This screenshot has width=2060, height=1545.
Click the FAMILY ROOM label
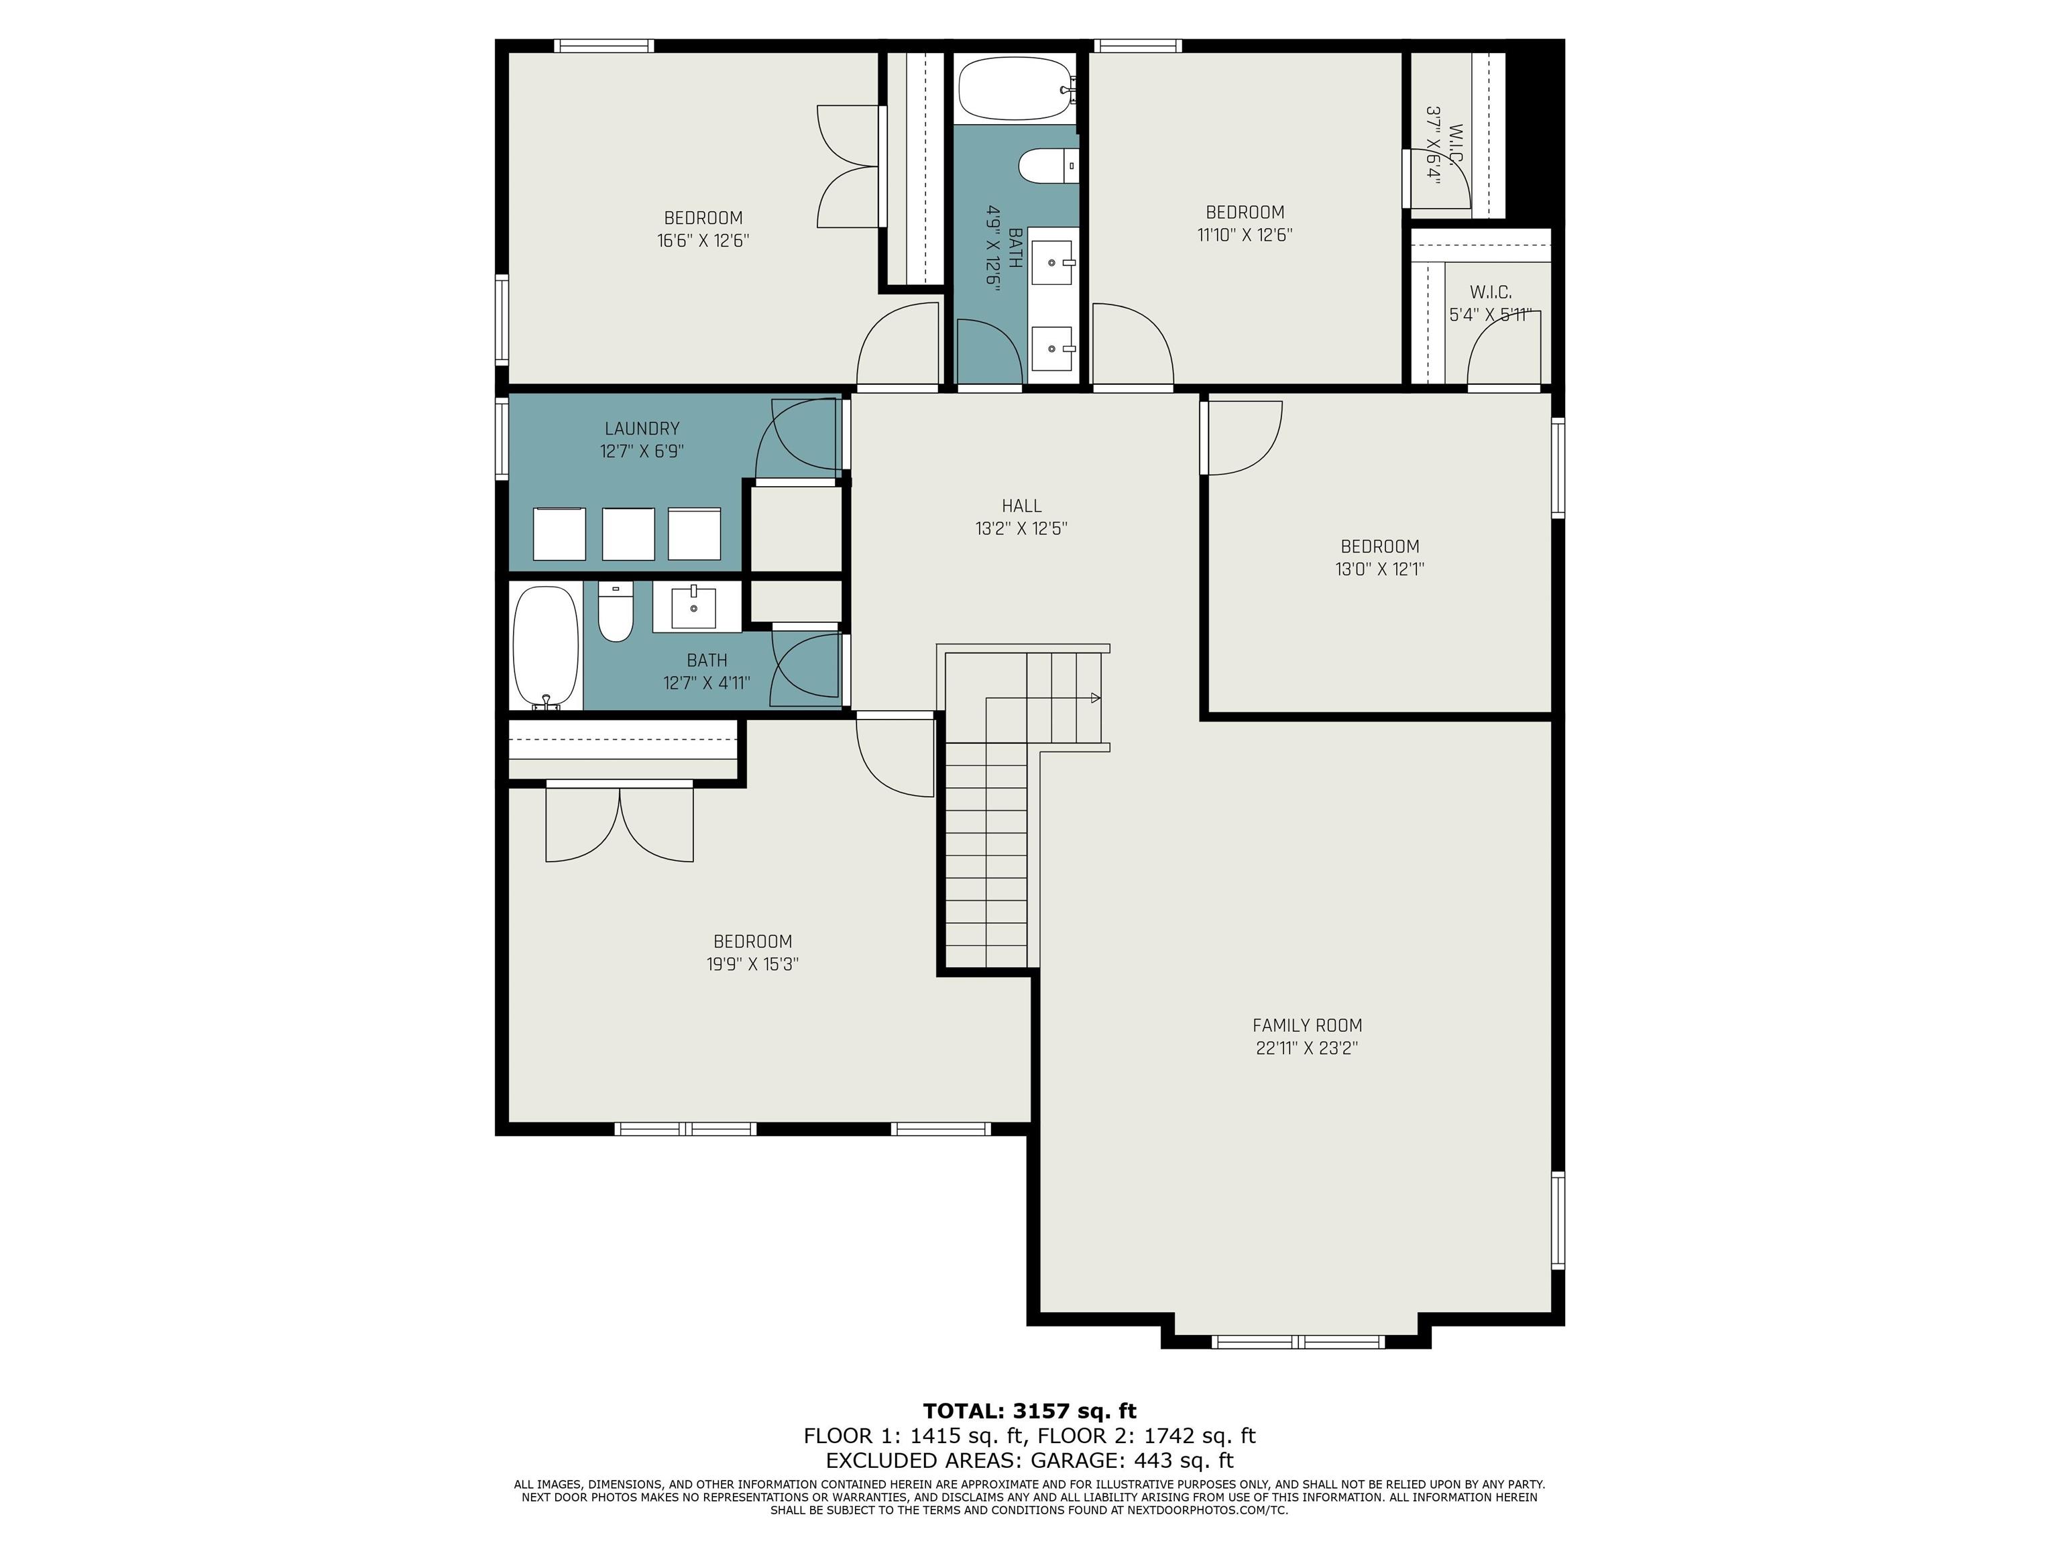pos(1306,1025)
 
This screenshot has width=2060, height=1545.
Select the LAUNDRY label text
pos(642,428)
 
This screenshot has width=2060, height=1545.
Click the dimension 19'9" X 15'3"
pos(752,964)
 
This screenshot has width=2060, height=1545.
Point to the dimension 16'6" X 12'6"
pos(703,240)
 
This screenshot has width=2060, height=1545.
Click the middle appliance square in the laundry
pos(628,534)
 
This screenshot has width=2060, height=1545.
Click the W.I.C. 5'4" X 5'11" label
pos(1490,304)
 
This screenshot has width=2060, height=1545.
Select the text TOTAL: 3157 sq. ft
pos(1029,1411)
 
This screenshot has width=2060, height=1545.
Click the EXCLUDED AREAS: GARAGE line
pos(1029,1461)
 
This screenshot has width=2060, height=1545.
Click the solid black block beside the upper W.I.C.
pos(1535,130)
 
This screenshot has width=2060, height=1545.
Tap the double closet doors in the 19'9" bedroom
pos(620,821)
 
